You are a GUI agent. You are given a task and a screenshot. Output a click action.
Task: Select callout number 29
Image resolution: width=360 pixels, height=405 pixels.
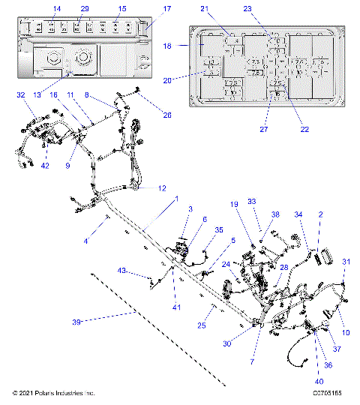[85, 8]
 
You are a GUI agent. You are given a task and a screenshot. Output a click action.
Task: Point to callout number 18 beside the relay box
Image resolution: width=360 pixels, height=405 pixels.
[167, 46]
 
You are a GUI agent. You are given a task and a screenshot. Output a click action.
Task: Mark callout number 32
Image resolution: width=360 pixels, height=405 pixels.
[20, 95]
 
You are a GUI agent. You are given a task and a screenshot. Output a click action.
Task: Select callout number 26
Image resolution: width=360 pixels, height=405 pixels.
[166, 115]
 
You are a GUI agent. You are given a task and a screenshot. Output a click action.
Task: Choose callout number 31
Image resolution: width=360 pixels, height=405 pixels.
[346, 261]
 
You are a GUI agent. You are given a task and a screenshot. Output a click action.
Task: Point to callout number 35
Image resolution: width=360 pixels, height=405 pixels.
[219, 229]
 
